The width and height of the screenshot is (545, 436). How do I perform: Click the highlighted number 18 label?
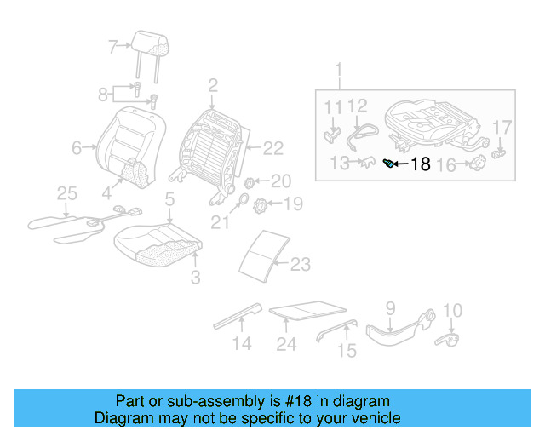pyautogui.click(x=421, y=164)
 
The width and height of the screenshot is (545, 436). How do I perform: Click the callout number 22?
pyautogui.click(x=272, y=148)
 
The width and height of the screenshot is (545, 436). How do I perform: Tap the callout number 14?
pyautogui.click(x=243, y=344)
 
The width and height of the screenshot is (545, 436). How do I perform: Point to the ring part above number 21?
pyautogui.click(x=240, y=203)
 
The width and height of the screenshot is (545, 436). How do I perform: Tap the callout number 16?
pyautogui.click(x=447, y=165)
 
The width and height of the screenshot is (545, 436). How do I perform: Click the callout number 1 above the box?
pyautogui.click(x=338, y=68)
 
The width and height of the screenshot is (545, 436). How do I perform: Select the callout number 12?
pyautogui.click(x=358, y=106)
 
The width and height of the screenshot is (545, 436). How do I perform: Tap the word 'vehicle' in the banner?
pyautogui.click(x=376, y=418)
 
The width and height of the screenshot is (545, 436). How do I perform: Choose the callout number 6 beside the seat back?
pyautogui.click(x=77, y=148)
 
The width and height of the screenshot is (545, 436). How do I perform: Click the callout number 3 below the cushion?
pyautogui.click(x=195, y=277)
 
